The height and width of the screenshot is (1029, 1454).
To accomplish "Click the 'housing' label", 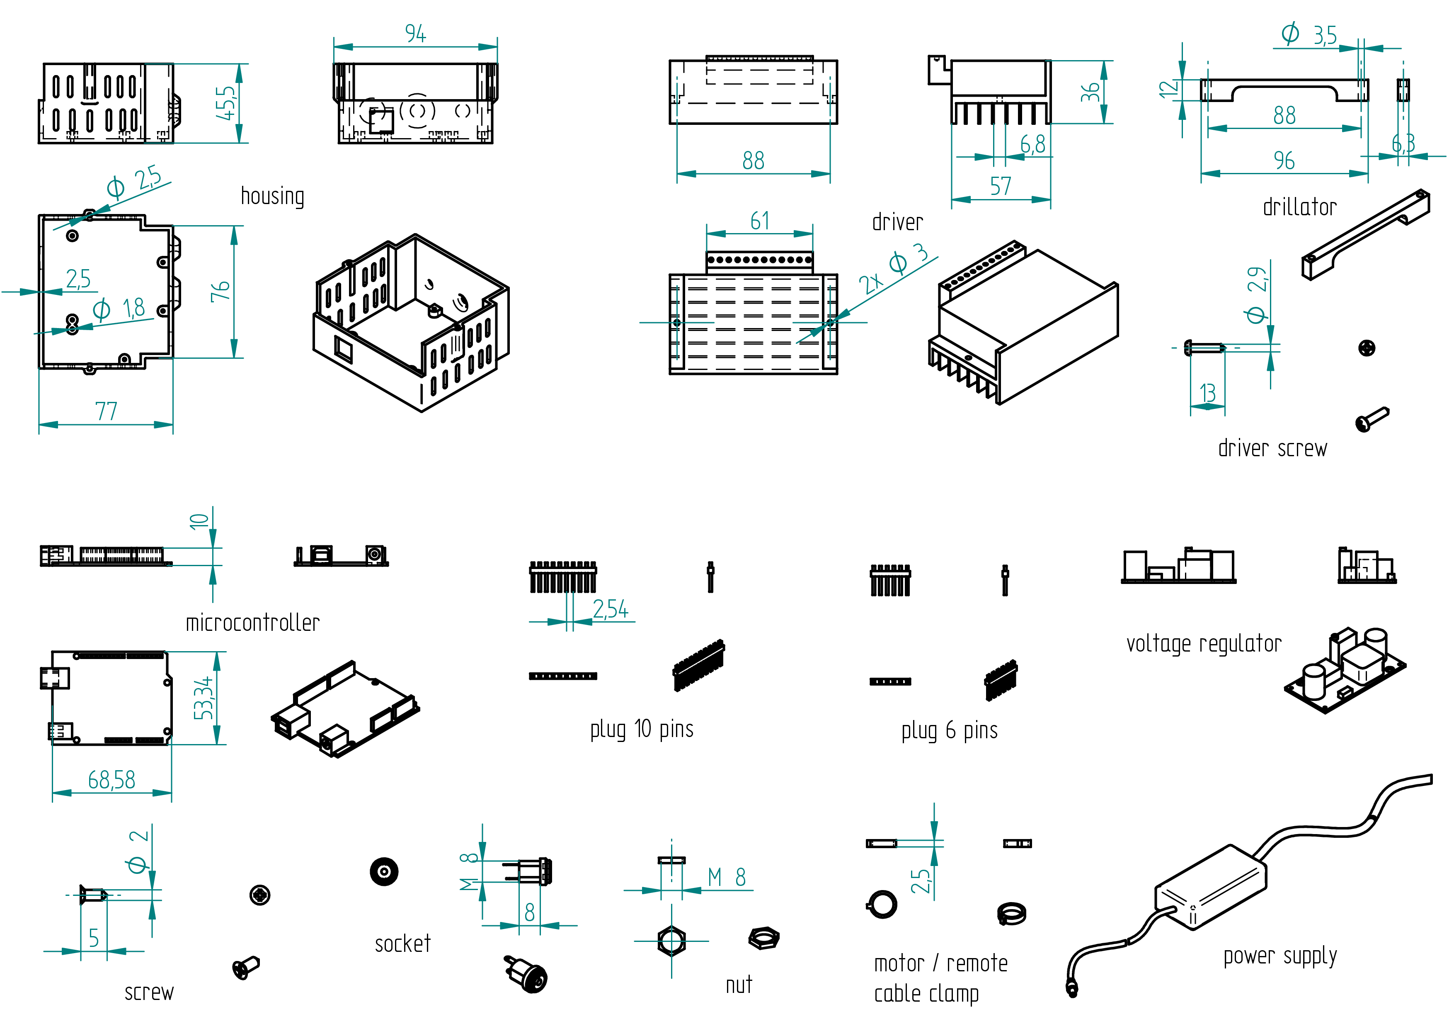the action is (x=272, y=197).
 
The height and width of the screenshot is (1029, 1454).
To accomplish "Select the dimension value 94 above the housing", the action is (x=415, y=34).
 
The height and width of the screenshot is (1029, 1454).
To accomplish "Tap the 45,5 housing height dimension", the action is (x=226, y=103).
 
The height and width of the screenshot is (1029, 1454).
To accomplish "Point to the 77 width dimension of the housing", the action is (x=107, y=411).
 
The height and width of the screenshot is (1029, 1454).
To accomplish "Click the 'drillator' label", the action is (x=1299, y=207).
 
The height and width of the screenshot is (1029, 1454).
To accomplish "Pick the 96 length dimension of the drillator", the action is (x=1284, y=161).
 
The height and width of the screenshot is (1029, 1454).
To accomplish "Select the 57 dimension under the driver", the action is (x=1001, y=186).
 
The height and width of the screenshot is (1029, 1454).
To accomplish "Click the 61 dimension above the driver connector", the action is (x=760, y=221).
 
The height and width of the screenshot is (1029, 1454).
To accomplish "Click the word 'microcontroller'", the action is (x=253, y=623).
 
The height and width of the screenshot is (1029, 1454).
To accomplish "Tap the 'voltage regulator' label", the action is (x=1203, y=644).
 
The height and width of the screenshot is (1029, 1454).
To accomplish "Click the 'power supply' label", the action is (x=1280, y=956).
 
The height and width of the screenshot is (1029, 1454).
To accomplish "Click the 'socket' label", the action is (x=403, y=944).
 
